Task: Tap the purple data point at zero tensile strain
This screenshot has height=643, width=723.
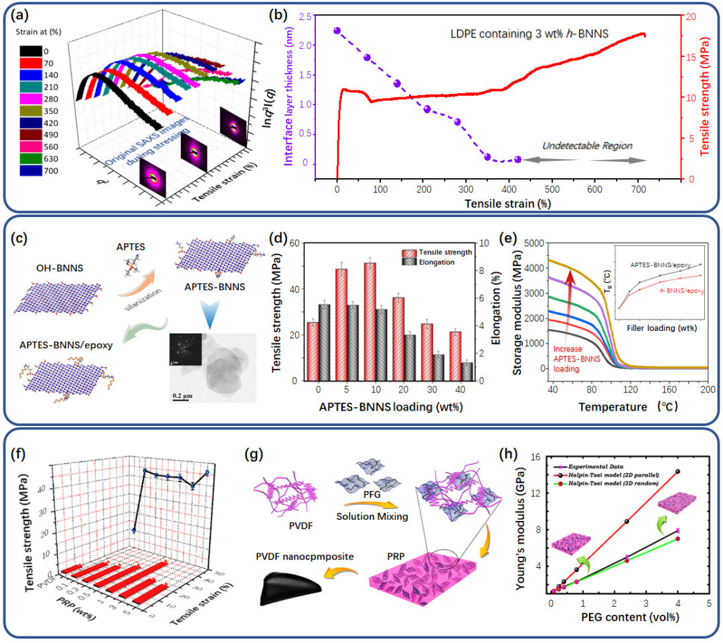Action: click(x=337, y=31)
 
